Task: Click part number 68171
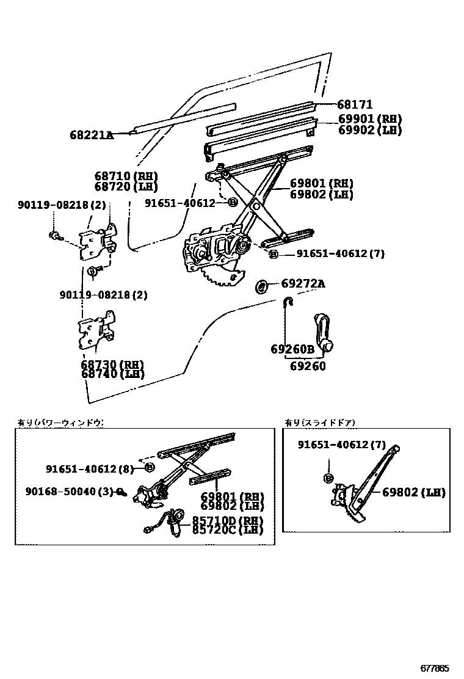[x=355, y=104]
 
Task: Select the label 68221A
[x=92, y=134]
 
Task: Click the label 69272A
[x=303, y=283]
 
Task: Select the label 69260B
[x=292, y=349]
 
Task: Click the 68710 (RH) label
[x=126, y=176]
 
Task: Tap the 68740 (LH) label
[x=112, y=374]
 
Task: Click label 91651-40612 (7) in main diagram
[x=341, y=253]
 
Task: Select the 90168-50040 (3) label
[x=70, y=490]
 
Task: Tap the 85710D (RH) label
[x=228, y=520]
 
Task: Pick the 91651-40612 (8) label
[x=89, y=468]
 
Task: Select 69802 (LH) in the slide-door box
[x=414, y=492]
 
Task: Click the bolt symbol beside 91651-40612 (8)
[x=150, y=468]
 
